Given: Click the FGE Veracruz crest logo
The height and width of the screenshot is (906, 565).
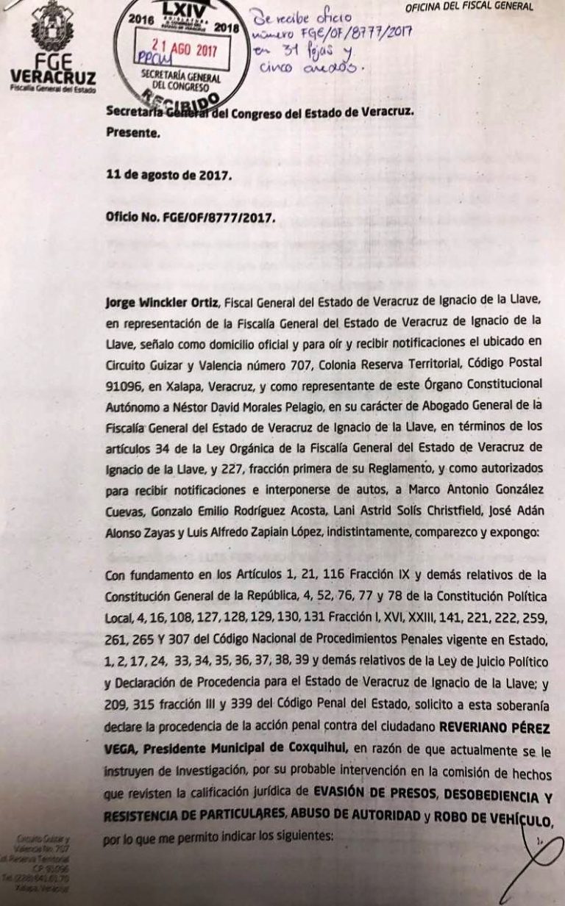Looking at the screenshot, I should point(51,27).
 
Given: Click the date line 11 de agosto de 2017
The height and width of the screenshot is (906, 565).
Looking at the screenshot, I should point(168,176).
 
